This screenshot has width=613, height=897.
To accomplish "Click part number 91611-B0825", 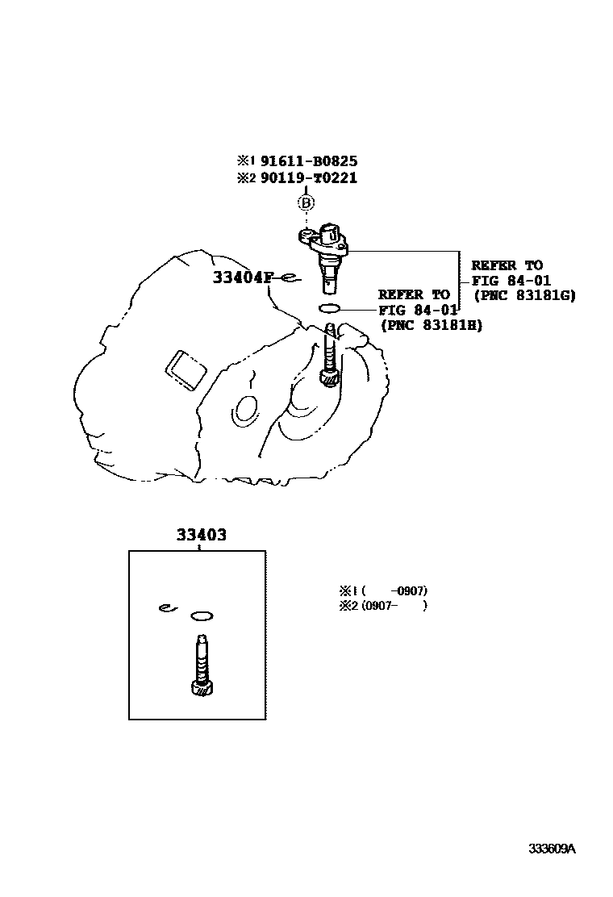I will click(x=308, y=161).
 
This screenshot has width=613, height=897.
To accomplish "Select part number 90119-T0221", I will click(x=308, y=178).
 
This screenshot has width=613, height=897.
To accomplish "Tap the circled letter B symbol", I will click(x=306, y=202).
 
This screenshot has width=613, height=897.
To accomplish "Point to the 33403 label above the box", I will click(x=201, y=535).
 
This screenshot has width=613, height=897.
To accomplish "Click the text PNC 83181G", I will click(x=524, y=295).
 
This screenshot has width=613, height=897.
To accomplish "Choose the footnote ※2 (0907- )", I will click(x=384, y=606).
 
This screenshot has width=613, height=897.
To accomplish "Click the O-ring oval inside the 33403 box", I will click(x=202, y=617).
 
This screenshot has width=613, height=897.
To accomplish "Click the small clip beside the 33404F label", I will click(x=290, y=279).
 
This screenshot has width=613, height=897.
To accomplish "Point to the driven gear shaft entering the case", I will click(x=329, y=355).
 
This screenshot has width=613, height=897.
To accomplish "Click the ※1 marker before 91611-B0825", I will click(x=245, y=161).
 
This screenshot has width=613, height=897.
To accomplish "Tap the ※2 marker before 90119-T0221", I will click(x=245, y=178).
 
